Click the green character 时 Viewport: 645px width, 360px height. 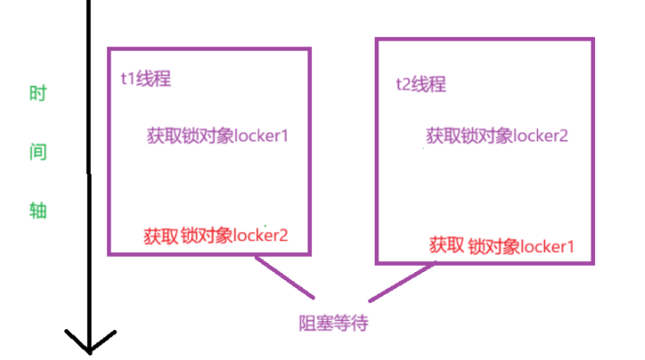pos(37,94)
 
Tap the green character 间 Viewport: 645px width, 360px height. pos(37,151)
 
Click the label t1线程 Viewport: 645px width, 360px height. pos(146,79)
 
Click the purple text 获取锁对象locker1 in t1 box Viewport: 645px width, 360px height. pos(218,136)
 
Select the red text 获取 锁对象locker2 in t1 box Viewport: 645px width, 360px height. pos(216,236)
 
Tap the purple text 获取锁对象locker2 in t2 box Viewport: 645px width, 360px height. pos(497,136)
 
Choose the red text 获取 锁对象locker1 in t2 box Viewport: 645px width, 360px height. pos(502,245)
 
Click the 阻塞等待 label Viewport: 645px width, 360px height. pos(333,323)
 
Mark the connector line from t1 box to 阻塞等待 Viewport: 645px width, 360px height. pos(284,277)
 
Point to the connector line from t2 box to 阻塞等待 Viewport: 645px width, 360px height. pos(400,282)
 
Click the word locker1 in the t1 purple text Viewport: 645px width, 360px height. pos(261,136)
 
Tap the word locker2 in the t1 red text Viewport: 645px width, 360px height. pos(261,236)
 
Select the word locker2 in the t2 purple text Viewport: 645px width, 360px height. pos(541,136)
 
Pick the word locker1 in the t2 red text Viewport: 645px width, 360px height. pos(547,245)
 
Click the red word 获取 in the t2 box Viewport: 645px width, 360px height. pos(446,245)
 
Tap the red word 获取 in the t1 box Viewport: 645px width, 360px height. pos(161,236)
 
